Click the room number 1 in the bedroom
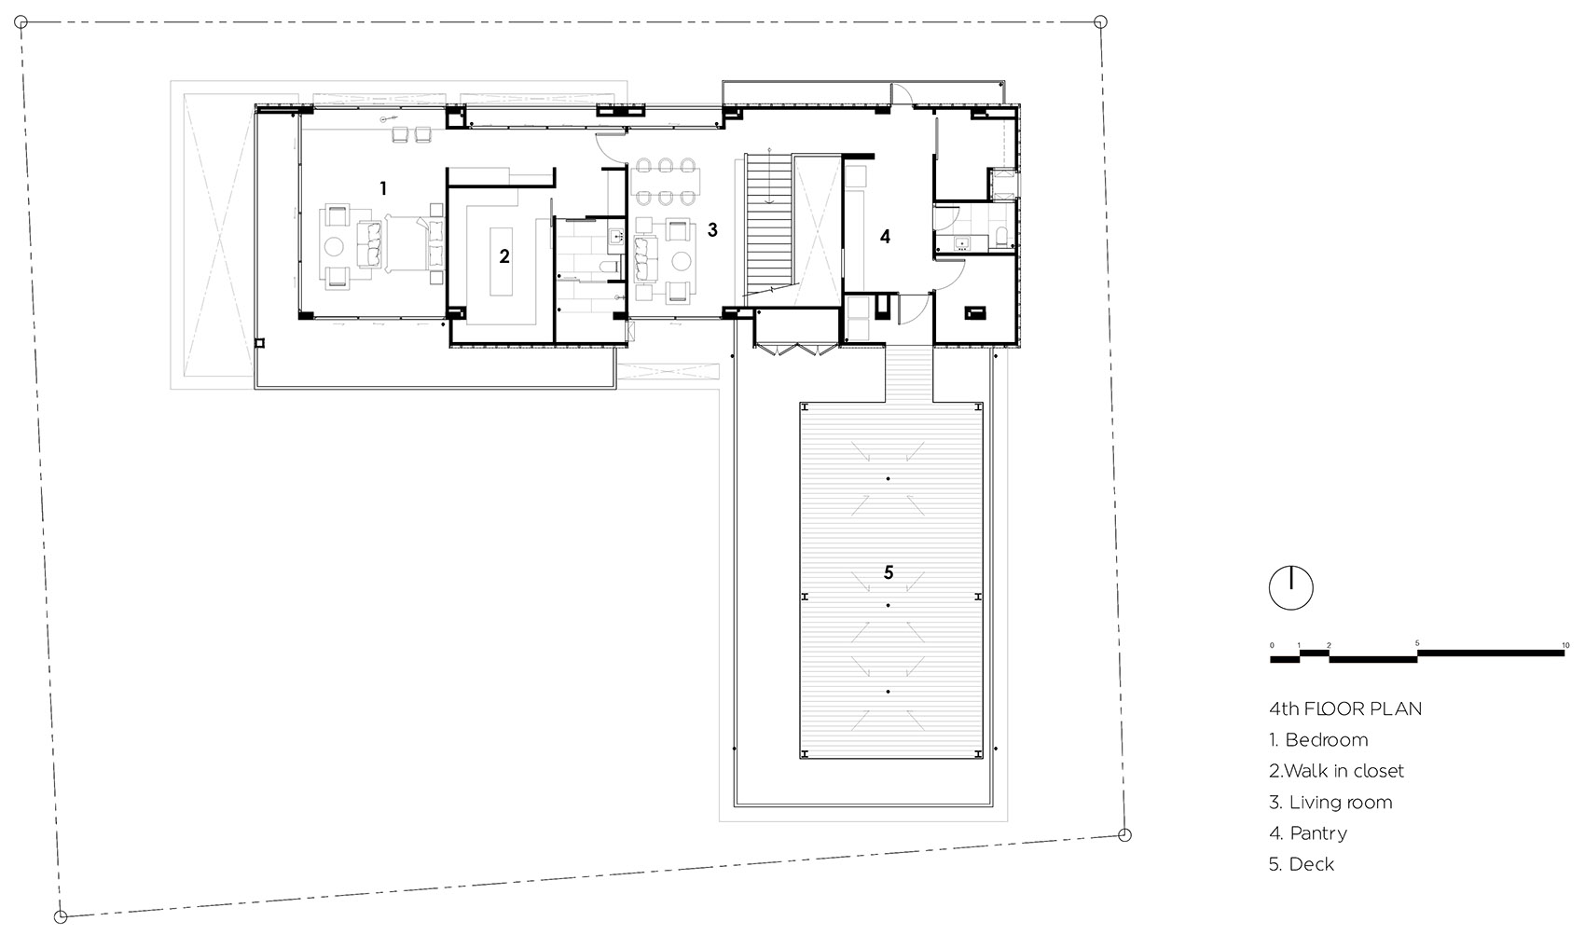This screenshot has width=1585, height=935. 383,188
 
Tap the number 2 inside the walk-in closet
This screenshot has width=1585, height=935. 504,256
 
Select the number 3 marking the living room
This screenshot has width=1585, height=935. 712,230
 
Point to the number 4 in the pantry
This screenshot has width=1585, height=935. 885,237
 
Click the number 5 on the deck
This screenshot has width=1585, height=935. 889,572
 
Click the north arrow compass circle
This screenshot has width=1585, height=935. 1290,587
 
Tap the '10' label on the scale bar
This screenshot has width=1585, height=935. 1565,645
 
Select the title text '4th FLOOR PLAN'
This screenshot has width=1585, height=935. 1345,708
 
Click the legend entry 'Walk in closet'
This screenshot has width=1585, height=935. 1344,771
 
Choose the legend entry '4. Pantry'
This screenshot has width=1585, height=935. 1307,833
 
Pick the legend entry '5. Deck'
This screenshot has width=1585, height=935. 1302,864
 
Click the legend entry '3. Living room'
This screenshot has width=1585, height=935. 1330,802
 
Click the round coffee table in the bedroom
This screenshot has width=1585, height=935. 334,246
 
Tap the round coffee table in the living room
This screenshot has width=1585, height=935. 681,261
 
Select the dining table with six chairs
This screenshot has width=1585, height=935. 665,182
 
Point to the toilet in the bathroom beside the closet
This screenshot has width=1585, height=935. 608,268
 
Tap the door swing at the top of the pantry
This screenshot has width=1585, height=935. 902,95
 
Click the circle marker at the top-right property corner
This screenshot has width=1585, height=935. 1100,22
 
